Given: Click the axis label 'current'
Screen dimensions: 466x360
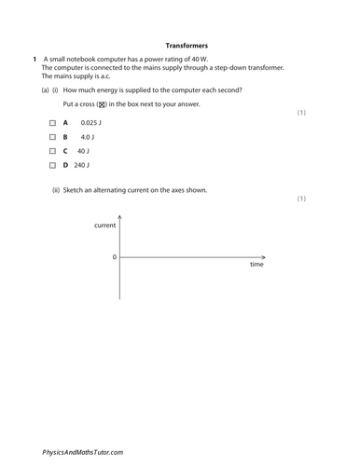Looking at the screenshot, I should point(105,226).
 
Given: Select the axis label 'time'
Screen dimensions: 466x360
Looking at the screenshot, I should point(256,265).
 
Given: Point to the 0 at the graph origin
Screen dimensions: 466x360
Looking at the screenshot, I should point(115,256).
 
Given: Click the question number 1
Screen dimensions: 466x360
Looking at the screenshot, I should point(34,60).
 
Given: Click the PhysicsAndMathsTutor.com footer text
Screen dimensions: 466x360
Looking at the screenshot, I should point(82,452).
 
